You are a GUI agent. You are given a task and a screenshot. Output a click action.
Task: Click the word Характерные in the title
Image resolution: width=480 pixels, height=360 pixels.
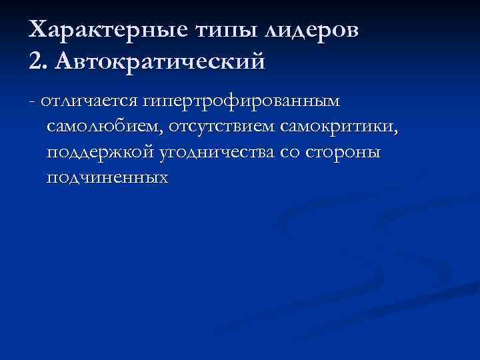[x=111, y=31]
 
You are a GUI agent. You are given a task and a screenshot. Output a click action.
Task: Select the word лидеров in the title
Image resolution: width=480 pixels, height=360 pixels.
[x=313, y=31]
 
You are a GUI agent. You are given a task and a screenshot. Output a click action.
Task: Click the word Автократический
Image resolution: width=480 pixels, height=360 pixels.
[x=161, y=61]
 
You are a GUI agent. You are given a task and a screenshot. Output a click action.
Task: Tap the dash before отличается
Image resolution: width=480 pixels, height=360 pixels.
[x=33, y=101]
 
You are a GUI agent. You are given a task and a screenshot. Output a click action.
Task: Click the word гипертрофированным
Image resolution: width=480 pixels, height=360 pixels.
[x=239, y=101]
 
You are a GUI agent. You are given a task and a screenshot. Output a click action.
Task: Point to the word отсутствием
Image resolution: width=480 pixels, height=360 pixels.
[x=223, y=127]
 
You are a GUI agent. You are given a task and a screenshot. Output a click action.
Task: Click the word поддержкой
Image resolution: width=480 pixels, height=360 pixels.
[x=100, y=152]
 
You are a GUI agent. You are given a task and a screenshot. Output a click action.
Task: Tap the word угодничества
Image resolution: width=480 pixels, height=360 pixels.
[x=217, y=152]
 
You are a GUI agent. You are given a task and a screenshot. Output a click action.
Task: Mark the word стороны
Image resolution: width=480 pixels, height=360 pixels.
[x=344, y=152]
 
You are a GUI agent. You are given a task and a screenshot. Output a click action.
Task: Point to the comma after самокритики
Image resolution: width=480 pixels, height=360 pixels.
[x=397, y=131]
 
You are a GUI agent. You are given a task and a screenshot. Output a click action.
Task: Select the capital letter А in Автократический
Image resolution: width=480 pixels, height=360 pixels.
[x=67, y=61]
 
